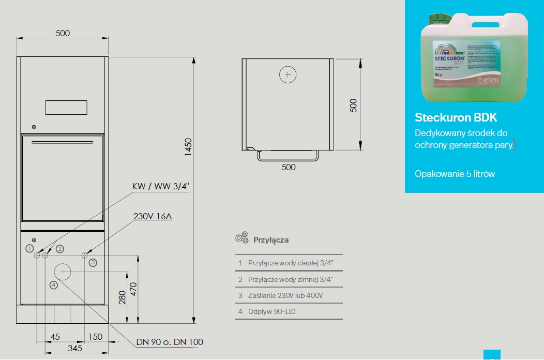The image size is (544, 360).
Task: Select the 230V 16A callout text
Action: coord(153,216)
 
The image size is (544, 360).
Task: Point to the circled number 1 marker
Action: coord(29,248)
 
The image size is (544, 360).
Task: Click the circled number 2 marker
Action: coord(60,249)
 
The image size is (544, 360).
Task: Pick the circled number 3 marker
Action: coord(93,263)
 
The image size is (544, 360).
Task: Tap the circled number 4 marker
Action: coord(54,284)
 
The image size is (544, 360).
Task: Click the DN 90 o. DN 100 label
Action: coord(170,342)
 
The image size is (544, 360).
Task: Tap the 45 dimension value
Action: coord(55,337)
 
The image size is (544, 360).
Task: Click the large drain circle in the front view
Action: coord(63,271)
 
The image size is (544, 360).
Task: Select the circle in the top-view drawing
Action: coord(288,75)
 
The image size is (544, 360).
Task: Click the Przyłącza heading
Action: coord(271,240)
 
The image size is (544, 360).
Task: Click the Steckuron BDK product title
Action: coord(456,117)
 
